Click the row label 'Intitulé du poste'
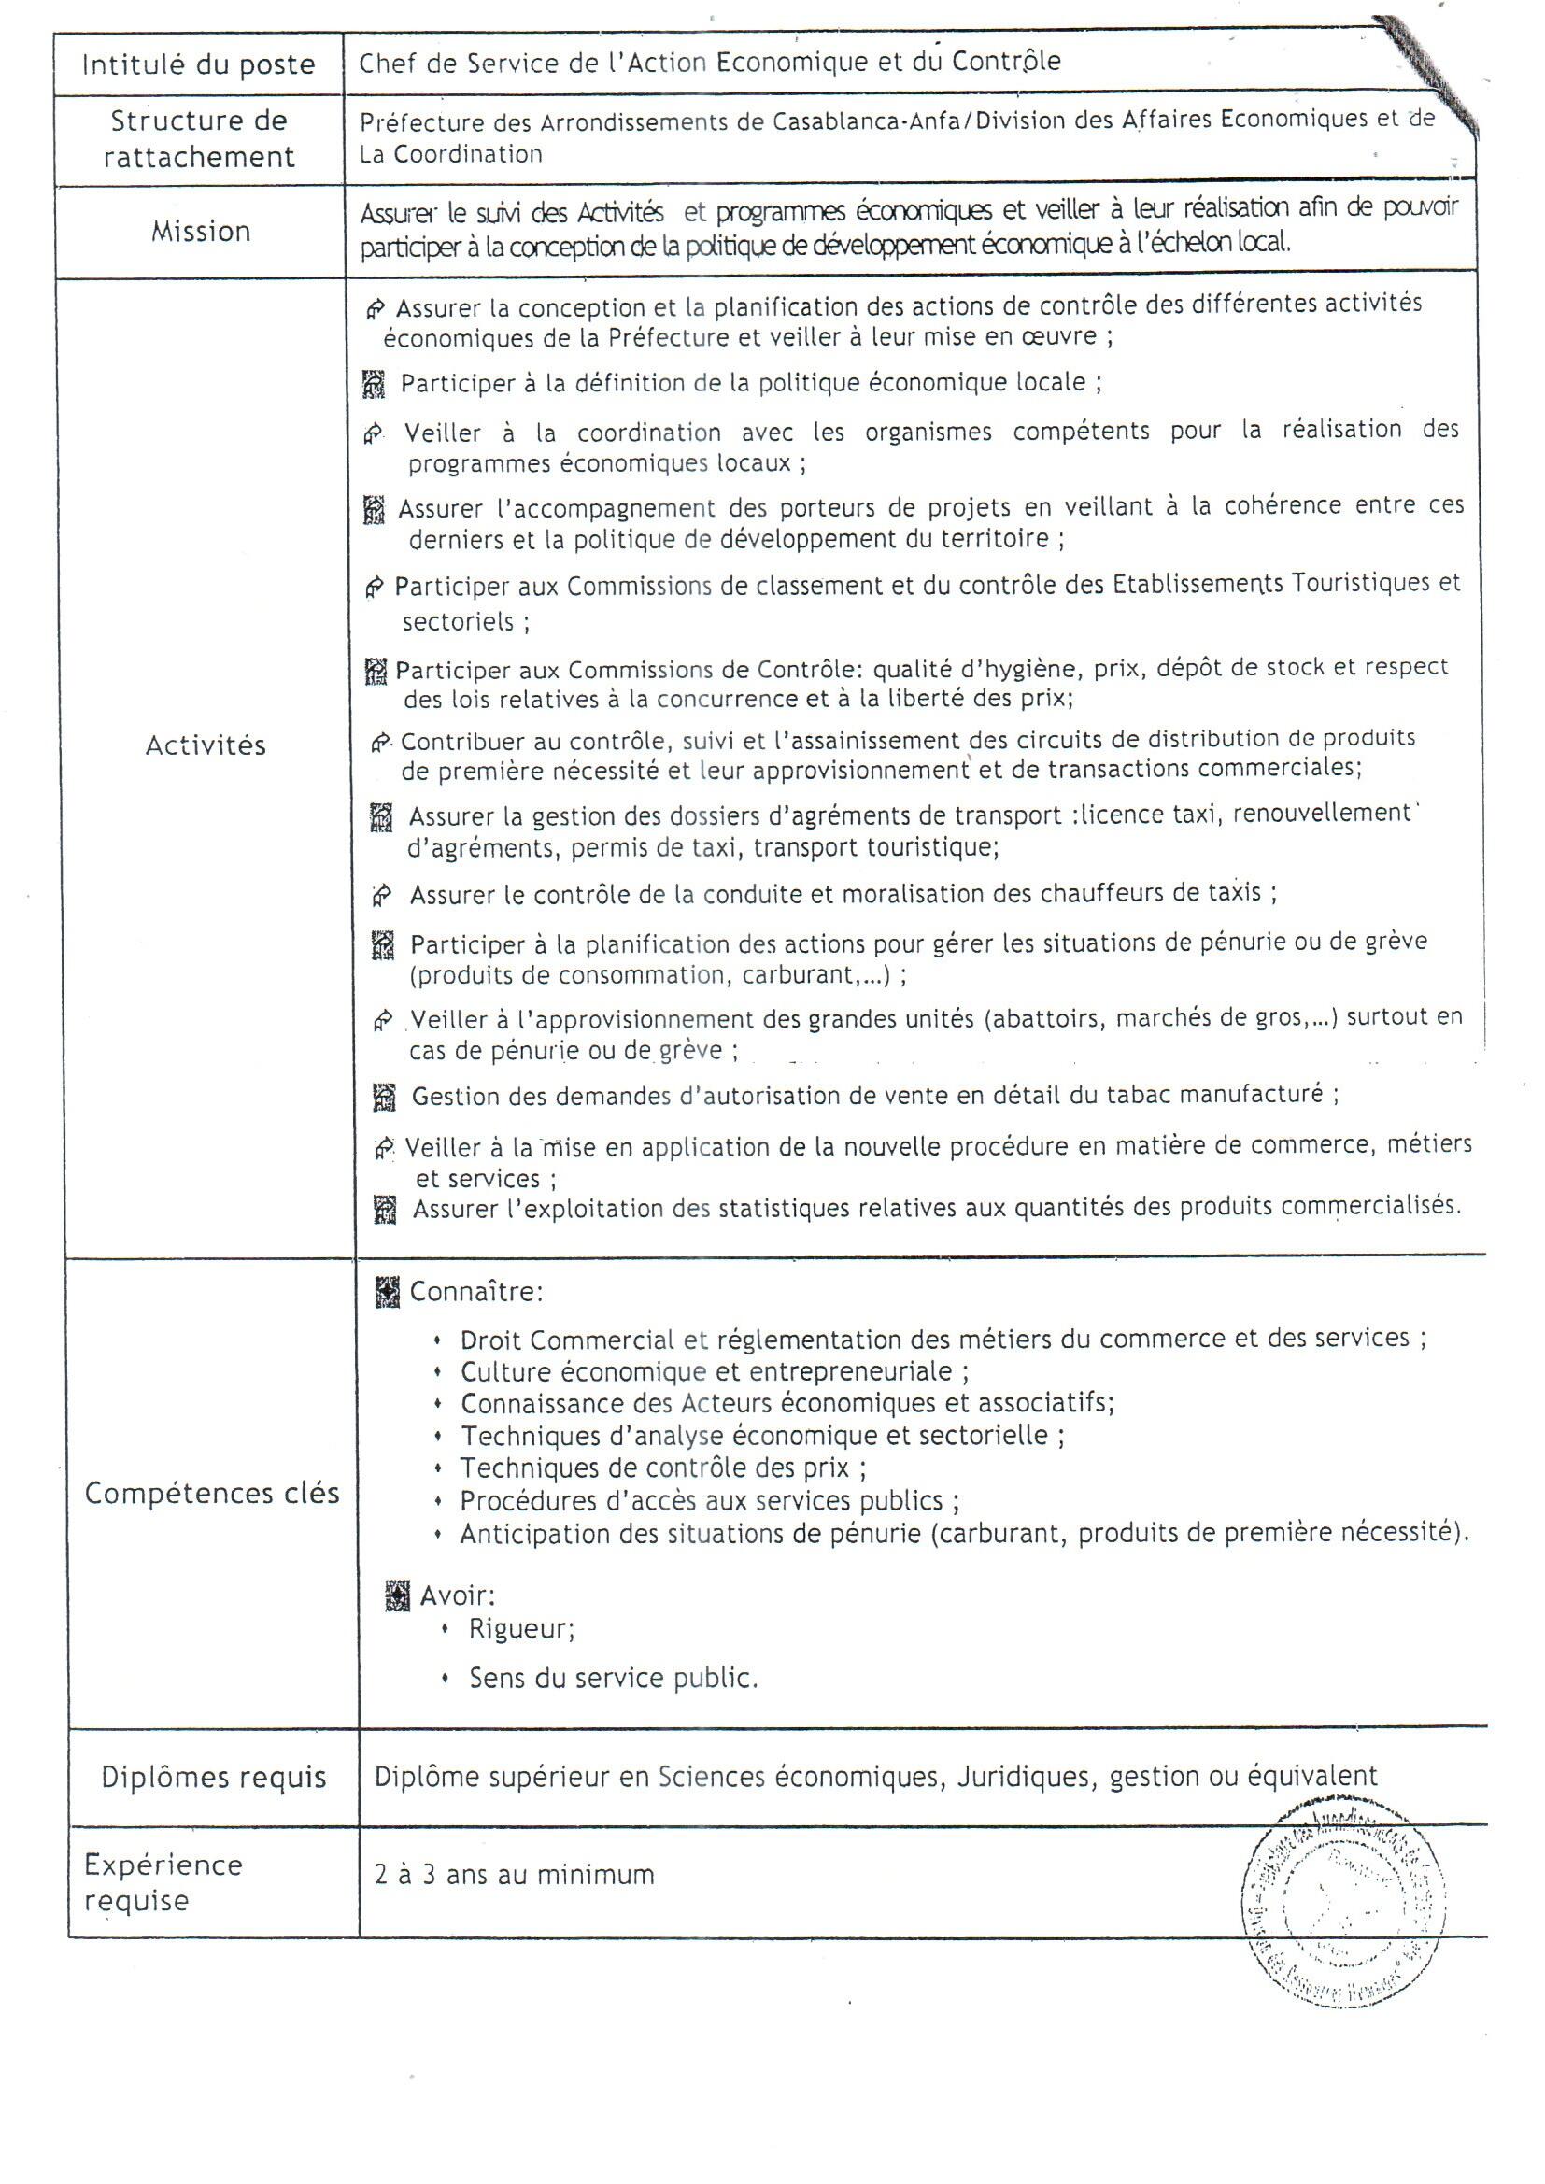pyautogui.click(x=198, y=64)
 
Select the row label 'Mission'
pyautogui.click(x=201, y=231)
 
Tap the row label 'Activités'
pyautogui.click(x=206, y=745)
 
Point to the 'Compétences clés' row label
pyautogui.click(x=211, y=1494)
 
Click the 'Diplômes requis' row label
pyautogui.click(x=213, y=1777)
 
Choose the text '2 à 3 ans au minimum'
pyautogui.click(x=514, y=1875)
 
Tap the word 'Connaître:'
pyautogui.click(x=475, y=1292)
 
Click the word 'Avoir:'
pyautogui.click(x=457, y=1595)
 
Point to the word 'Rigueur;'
pyautogui.click(x=521, y=1629)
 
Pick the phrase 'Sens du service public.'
pyautogui.click(x=613, y=1678)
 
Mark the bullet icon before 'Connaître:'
pyautogui.click(x=388, y=1293)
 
